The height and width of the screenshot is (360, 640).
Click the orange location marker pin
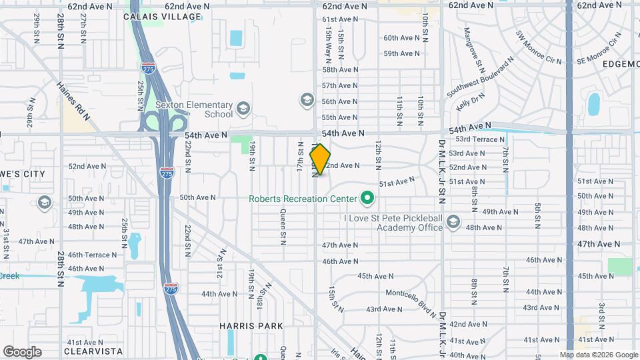[x=320, y=159]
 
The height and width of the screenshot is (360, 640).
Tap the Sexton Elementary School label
[x=194, y=109]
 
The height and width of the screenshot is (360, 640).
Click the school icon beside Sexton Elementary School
[x=243, y=107]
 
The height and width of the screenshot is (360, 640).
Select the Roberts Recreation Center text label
[x=303, y=199]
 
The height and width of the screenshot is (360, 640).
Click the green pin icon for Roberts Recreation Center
[x=366, y=198]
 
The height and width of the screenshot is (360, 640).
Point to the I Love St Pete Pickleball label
[x=393, y=218]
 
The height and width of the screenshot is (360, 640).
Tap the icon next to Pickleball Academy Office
[x=453, y=221]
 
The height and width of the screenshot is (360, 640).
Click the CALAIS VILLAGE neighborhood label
[x=162, y=17]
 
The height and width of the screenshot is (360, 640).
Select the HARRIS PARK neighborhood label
[x=251, y=326]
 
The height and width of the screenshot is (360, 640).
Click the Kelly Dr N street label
[x=470, y=102]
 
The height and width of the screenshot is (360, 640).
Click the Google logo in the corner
[x=22, y=352]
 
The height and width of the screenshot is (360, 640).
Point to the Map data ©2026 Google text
[x=598, y=355]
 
